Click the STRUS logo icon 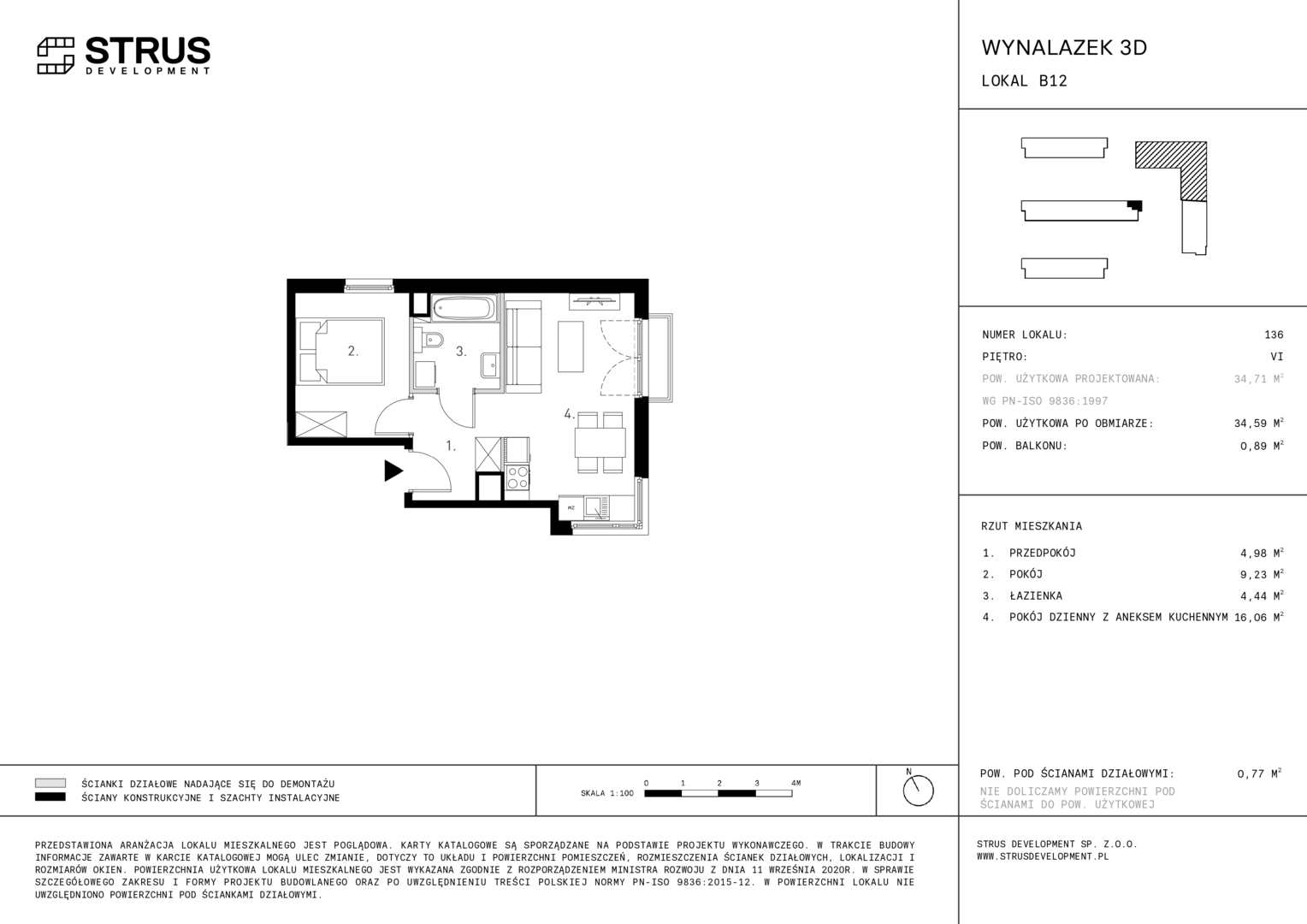click(56, 56)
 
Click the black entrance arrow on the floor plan click(393, 471)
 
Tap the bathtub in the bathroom click(464, 308)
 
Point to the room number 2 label click(353, 351)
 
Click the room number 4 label click(570, 414)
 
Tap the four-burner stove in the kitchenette click(517, 477)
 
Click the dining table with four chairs click(600, 441)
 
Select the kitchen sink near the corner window click(596, 507)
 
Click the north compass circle click(919, 791)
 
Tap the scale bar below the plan click(719, 793)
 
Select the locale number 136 click(1274, 335)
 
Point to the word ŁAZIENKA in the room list click(1036, 595)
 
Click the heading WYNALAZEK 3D click(1064, 48)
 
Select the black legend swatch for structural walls click(50, 797)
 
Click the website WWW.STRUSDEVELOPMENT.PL click(1043, 856)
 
